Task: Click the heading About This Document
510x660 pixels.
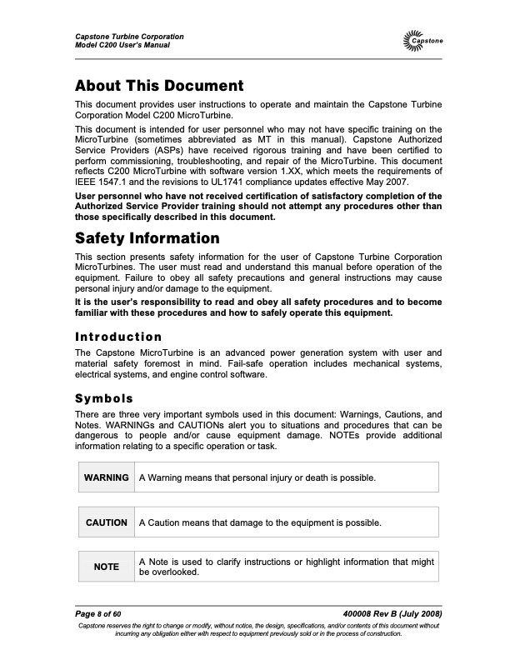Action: [x=158, y=86]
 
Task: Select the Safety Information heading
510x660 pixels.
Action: [x=147, y=237]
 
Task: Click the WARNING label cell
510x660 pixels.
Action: [x=106, y=477]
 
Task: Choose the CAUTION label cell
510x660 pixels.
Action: [x=106, y=522]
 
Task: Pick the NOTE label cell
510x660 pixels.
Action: [x=106, y=567]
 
